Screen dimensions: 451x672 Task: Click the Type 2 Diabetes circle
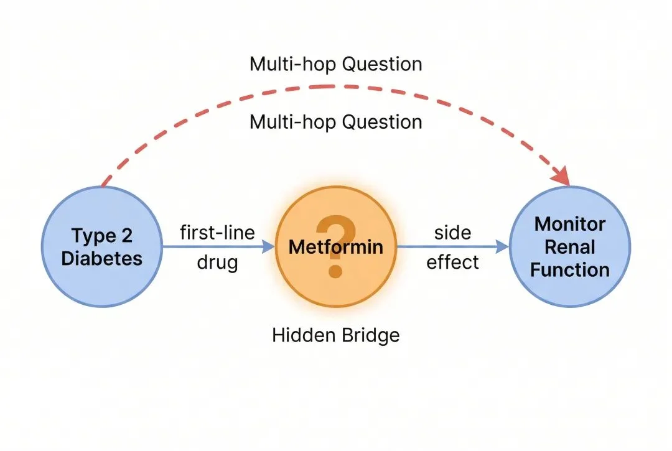[101, 246]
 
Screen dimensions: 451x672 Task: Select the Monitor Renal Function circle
[569, 246]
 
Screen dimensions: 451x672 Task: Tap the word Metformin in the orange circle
[335, 247]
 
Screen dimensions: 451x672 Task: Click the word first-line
[217, 233]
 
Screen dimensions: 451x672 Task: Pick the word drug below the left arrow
[217, 262]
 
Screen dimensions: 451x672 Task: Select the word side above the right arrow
[452, 233]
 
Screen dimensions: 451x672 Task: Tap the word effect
[452, 262]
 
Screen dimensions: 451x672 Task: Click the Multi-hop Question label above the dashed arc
[335, 64]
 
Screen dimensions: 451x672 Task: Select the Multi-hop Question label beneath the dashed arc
[335, 121]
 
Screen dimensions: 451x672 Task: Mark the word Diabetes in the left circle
[101, 258]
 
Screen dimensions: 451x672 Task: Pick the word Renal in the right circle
[569, 247]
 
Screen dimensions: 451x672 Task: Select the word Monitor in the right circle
[569, 224]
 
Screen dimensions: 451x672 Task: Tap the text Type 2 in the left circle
[101, 236]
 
